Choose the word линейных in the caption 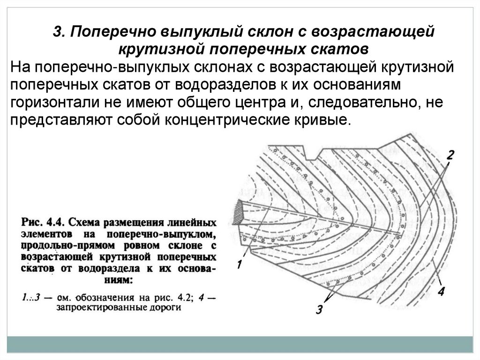[x=193, y=221]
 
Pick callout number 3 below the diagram [x=319, y=309]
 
